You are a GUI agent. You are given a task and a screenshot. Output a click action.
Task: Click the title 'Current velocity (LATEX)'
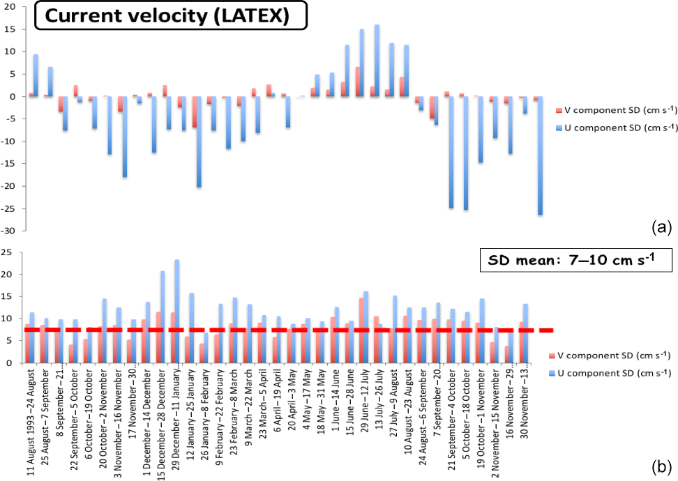coord(170,15)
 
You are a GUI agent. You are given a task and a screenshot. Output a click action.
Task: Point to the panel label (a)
coord(661,227)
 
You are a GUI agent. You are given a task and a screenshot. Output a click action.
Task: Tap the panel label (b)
coord(661,466)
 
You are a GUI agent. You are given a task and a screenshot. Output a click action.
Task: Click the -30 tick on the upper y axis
coord(11,231)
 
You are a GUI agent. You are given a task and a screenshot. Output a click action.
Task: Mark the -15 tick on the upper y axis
coord(11,164)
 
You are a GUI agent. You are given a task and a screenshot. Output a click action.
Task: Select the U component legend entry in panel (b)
coord(615,372)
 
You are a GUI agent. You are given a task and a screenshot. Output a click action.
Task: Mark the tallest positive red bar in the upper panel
coord(357,82)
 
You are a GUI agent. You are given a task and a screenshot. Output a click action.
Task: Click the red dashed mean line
coord(279,330)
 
